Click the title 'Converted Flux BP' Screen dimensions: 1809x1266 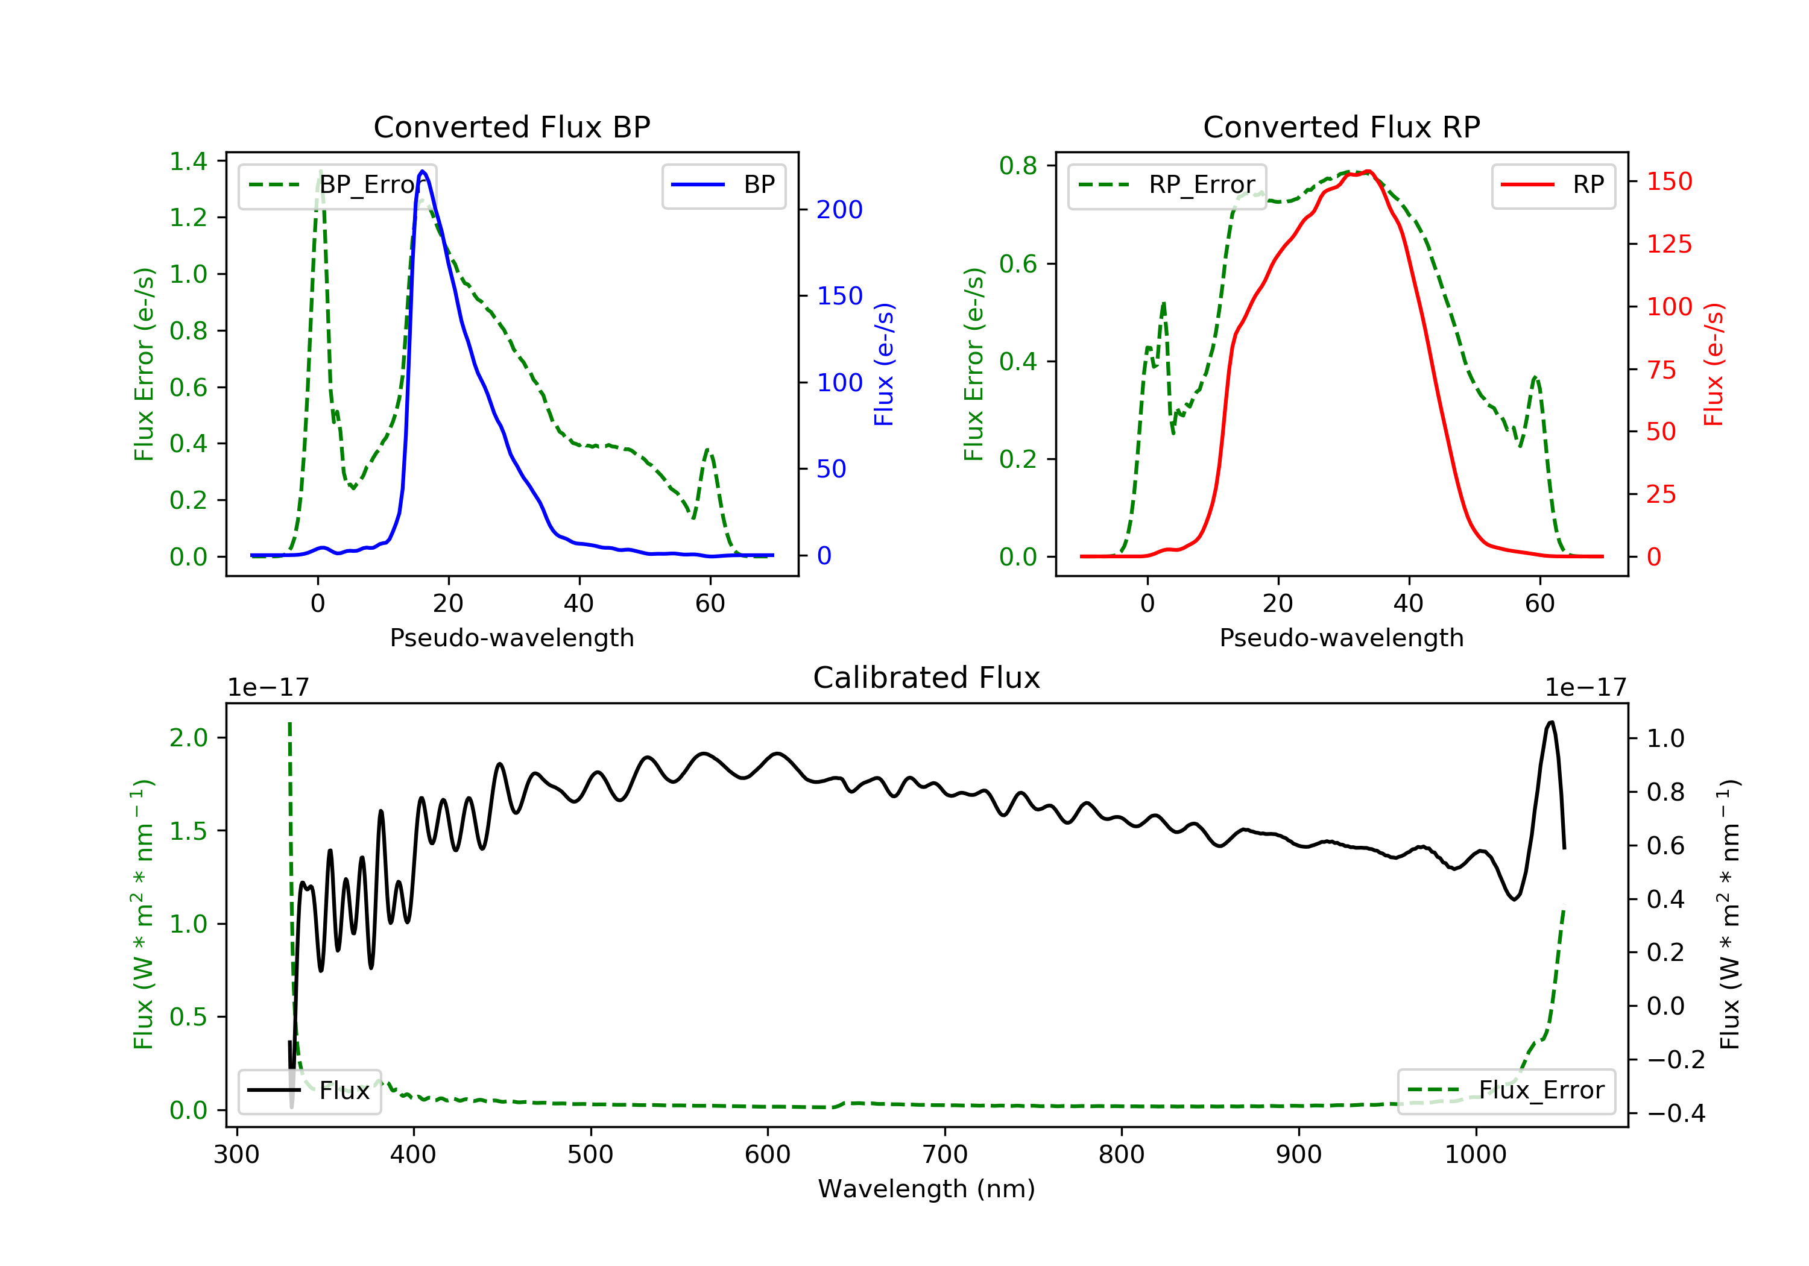[512, 127]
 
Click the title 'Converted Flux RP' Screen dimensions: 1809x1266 [1342, 127]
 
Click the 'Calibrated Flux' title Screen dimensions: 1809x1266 [927, 678]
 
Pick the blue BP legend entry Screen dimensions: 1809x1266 [723, 185]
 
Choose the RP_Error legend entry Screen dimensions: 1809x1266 [1167, 185]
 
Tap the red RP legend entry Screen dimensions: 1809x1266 [1553, 185]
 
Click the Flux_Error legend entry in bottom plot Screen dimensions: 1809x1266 [1506, 1091]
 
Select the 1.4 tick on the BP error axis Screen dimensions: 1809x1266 [188, 162]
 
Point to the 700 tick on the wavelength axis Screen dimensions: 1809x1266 [945, 1155]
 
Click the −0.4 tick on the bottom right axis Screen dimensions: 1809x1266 [1676, 1113]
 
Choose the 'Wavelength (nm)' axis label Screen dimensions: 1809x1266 [927, 1189]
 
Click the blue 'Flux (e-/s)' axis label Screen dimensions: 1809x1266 [884, 364]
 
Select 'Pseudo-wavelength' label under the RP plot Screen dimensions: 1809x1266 [1342, 637]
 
